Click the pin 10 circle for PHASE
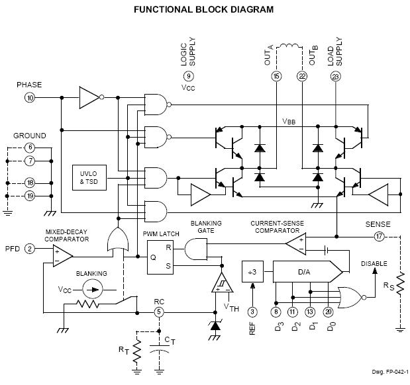pos(30,97)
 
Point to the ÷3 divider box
pos(252,271)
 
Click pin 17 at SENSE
pos(378,235)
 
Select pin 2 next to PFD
pos(30,249)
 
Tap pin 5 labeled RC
pos(159,312)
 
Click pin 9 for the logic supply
pos(189,76)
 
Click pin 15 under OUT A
pos(276,76)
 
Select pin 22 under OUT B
pos(302,76)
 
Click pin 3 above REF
pos(252,312)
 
